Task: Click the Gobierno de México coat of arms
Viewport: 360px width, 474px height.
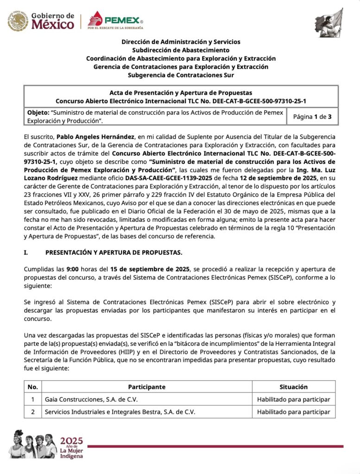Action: pos(18,21)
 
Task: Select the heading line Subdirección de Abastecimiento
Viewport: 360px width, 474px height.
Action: pos(180,50)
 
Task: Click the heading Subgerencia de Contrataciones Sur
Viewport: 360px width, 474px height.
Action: pos(180,75)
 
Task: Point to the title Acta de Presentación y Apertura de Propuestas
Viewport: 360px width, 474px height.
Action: pos(181,93)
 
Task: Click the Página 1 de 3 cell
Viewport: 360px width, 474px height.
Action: pos(312,117)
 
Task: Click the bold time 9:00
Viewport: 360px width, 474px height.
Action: pos(74,269)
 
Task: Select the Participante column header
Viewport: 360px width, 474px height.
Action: pos(146,387)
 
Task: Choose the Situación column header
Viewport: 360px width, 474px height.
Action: pos(293,387)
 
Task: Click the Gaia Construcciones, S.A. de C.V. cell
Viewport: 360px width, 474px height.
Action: pos(91,399)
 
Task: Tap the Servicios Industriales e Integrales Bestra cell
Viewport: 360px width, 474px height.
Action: pos(120,412)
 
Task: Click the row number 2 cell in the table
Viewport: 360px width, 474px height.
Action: pos(33,412)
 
